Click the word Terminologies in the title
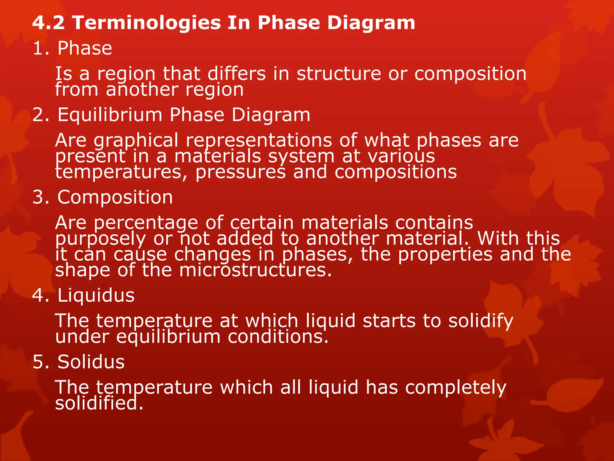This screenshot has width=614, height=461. tap(147, 23)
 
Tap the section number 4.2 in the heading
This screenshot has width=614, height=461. tap(48, 23)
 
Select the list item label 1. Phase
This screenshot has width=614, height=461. tap(72, 48)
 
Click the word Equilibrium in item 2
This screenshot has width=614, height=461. tap(110, 115)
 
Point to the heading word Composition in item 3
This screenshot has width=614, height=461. tap(115, 197)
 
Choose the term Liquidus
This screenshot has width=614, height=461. tap(96, 295)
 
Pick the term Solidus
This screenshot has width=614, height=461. tap(91, 362)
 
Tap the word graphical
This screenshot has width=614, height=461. tap(136, 140)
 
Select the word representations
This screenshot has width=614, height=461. tap(259, 140)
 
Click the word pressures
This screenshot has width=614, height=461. tap(240, 172)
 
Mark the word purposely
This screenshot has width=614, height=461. tap(100, 239)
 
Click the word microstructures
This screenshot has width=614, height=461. tap(255, 270)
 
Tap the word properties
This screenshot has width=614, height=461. tap(445, 254)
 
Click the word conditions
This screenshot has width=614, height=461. tap(278, 337)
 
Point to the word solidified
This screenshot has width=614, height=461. tap(99, 403)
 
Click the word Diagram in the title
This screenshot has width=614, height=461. tap(371, 23)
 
